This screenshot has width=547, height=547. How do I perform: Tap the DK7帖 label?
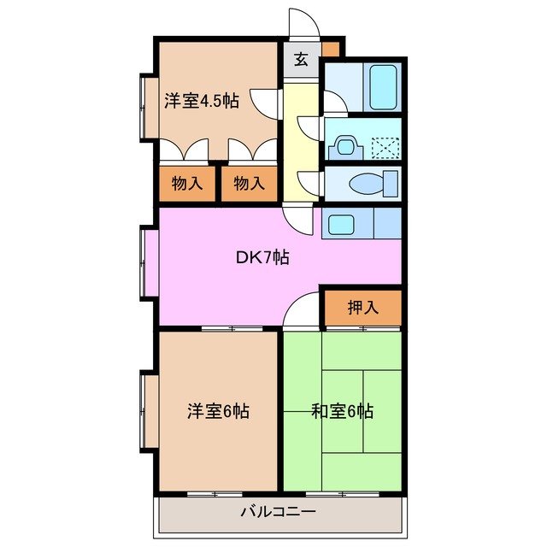pyautogui.click(x=262, y=256)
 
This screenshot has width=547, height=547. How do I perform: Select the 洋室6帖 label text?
pyautogui.click(x=218, y=411)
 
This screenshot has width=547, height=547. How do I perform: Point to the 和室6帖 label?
pyautogui.click(x=342, y=411)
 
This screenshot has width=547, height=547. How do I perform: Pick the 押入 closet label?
pyautogui.click(x=362, y=308)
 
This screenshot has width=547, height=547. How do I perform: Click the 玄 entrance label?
pyautogui.click(x=302, y=60)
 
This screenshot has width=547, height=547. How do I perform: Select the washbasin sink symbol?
pyautogui.click(x=347, y=147)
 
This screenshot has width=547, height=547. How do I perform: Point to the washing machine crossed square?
pyautogui.click(x=385, y=148)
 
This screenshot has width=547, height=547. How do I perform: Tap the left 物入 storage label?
pyautogui.click(x=187, y=184)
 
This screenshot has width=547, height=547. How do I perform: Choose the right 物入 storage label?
pyautogui.click(x=249, y=184)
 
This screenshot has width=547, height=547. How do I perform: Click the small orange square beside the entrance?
pyautogui.click(x=330, y=48)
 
